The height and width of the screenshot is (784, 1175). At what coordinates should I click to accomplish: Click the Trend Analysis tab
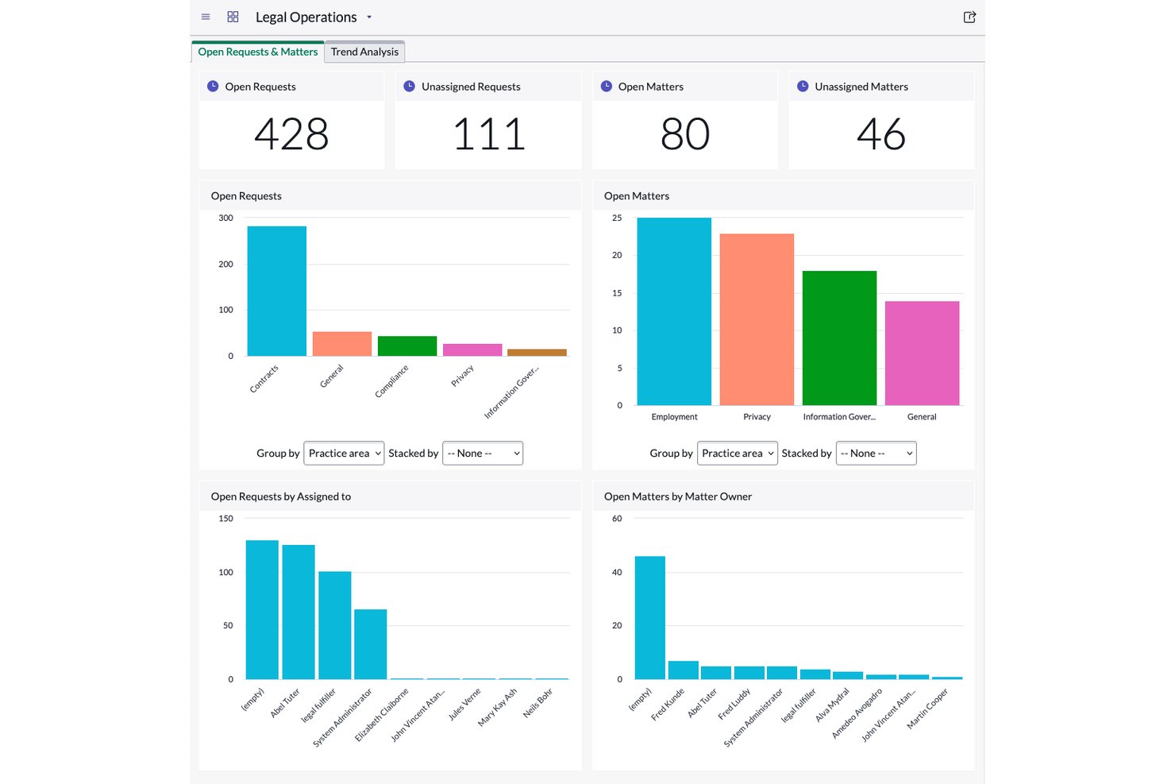364,52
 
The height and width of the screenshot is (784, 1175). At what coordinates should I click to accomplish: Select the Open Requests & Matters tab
257,52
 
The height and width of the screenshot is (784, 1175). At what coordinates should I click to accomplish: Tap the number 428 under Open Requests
291,133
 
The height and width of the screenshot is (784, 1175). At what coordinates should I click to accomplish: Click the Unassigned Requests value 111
488,133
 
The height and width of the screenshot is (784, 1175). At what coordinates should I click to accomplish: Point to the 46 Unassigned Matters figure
880,133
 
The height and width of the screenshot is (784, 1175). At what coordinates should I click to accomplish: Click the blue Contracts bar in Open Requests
277,291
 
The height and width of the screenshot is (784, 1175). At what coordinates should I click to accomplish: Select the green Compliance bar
407,346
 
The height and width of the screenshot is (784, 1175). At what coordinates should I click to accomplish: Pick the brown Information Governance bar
537,352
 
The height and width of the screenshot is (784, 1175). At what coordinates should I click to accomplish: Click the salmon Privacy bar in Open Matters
757,319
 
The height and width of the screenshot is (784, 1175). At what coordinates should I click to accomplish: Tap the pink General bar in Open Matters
923,353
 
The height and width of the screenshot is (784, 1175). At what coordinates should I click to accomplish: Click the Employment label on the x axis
674,417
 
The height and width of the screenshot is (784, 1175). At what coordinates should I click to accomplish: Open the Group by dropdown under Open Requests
344,453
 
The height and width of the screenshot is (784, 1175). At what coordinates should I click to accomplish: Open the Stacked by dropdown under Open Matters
876,453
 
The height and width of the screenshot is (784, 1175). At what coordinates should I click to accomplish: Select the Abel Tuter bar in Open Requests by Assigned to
299,612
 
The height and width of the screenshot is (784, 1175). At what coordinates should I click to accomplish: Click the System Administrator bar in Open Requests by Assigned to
370,644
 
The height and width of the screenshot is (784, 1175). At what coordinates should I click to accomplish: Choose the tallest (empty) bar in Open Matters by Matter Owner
650,618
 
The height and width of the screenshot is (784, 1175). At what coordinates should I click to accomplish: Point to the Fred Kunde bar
683,670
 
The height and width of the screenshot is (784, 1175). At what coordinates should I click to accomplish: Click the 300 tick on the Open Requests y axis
225,218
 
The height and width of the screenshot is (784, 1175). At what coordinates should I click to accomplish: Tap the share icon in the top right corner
969,17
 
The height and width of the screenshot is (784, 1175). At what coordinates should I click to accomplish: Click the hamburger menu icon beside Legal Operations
206,17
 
